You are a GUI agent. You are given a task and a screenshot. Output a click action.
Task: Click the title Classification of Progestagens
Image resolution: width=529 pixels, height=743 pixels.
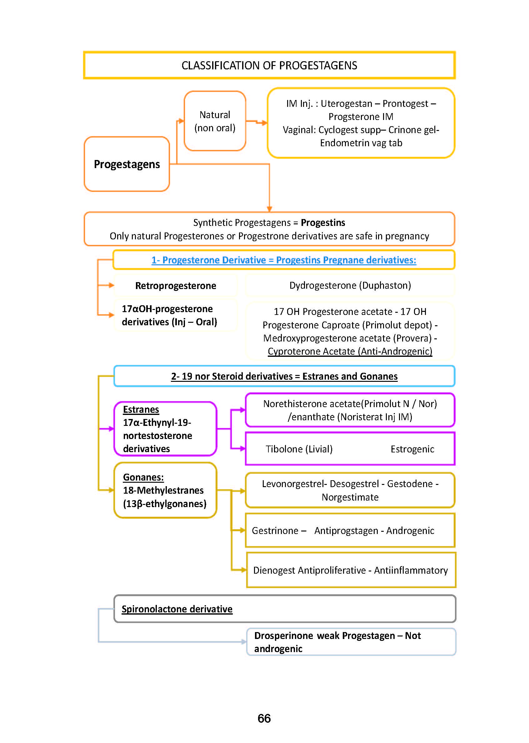click(269, 66)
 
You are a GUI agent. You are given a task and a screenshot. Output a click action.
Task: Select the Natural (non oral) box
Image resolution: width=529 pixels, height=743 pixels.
click(215, 121)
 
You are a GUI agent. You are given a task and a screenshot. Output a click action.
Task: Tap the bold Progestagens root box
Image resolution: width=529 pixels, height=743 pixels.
click(127, 164)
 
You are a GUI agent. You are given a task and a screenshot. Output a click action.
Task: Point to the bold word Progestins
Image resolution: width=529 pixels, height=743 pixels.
click(323, 222)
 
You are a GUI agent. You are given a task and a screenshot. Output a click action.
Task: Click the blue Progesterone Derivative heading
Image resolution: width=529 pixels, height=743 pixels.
click(283, 260)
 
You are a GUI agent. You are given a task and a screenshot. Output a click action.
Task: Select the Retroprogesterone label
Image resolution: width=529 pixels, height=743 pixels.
click(176, 286)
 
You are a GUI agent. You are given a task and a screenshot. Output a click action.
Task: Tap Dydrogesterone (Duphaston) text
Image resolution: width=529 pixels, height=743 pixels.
click(350, 285)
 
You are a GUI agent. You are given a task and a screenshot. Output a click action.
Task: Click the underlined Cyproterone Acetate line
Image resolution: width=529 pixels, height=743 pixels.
click(350, 351)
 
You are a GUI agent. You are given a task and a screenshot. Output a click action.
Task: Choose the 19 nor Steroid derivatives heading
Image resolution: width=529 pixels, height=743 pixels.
click(284, 376)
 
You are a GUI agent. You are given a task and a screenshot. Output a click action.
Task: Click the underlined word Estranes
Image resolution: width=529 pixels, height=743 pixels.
click(141, 409)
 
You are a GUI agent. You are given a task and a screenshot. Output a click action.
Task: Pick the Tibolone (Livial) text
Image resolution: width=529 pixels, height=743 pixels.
click(299, 449)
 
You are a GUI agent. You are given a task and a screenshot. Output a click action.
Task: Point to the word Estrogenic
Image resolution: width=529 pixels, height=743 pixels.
click(412, 449)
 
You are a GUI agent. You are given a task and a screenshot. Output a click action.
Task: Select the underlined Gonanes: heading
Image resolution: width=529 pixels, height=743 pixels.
click(143, 477)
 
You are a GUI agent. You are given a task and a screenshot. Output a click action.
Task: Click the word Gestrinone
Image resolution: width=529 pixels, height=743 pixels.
click(275, 531)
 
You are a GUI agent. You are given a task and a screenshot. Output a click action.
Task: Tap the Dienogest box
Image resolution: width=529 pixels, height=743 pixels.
click(351, 570)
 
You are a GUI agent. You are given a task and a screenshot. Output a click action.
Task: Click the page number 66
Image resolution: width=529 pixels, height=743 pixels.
click(264, 718)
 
